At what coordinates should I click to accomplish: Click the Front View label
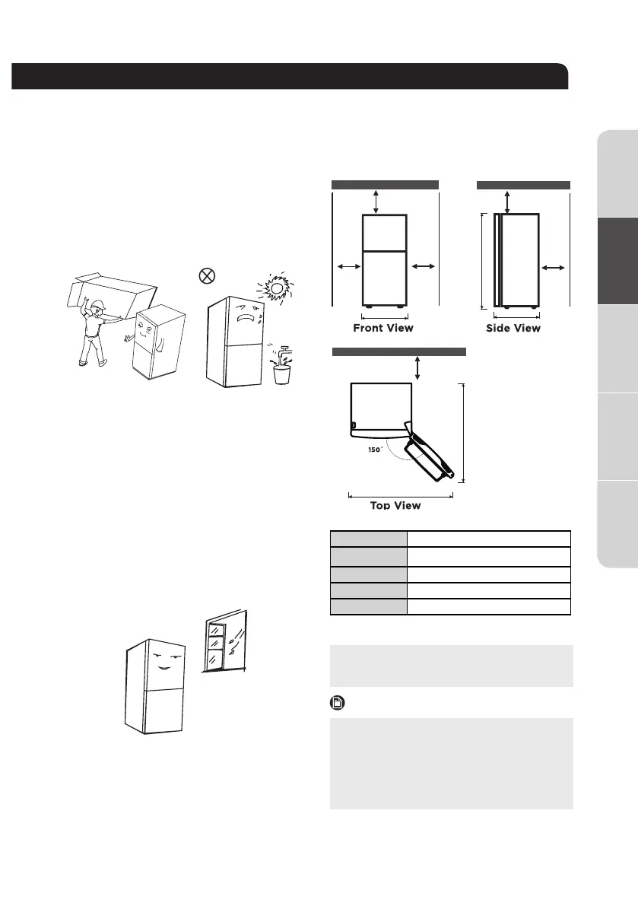coord(383,328)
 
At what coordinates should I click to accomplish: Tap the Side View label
coord(513,328)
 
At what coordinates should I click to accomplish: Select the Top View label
coord(395,505)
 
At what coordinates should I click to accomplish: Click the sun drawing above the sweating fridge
coord(273,288)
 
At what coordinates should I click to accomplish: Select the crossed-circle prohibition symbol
coord(205,276)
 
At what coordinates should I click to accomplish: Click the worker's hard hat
coord(97,306)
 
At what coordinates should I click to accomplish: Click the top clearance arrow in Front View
coord(376,201)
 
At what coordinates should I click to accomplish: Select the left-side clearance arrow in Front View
coord(347,266)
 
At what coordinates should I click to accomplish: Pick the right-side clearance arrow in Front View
coord(423,266)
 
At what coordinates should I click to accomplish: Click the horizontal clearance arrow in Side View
coord(553,268)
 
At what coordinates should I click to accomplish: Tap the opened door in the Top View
coord(425,456)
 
